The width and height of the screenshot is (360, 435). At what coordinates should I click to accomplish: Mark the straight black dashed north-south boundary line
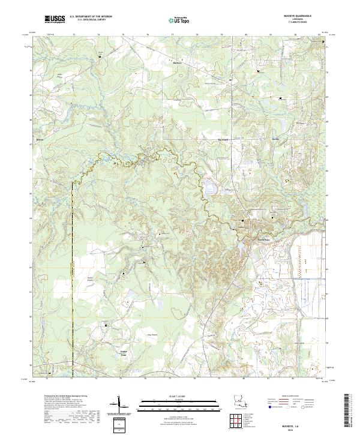[73, 252]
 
